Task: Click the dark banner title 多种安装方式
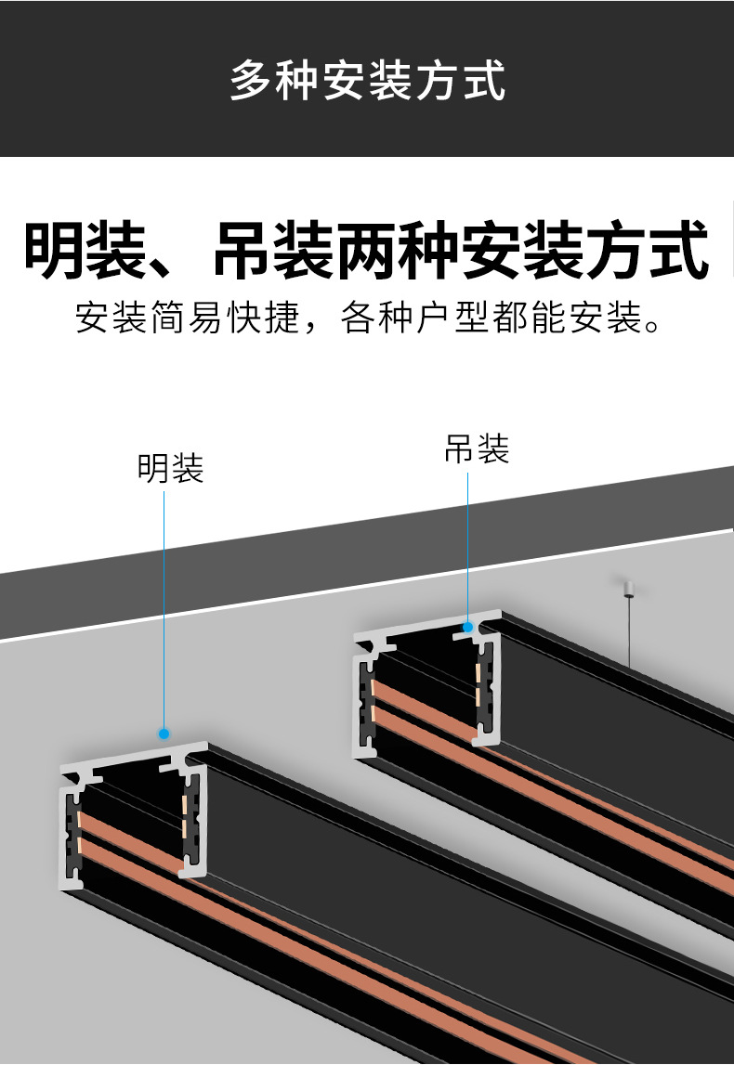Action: (367, 80)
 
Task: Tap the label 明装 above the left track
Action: (170, 468)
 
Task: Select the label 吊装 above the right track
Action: (477, 449)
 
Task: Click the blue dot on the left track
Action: (164, 733)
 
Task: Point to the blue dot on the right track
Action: (468, 628)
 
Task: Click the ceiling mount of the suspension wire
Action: (628, 588)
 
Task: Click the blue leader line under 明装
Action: (164, 604)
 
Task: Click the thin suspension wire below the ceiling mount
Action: (629, 631)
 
